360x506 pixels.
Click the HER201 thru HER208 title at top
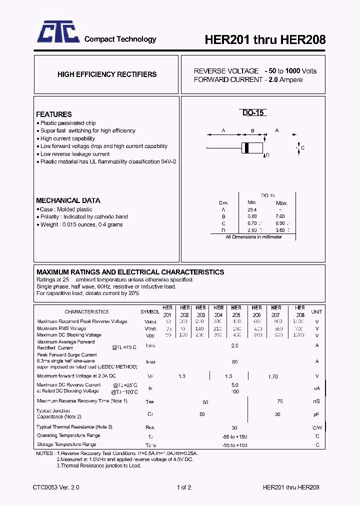point(265,40)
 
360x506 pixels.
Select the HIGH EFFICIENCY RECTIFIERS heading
point(107,74)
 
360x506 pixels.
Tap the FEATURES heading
point(54,114)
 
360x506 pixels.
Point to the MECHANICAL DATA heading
point(68,200)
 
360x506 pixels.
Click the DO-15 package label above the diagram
point(253,113)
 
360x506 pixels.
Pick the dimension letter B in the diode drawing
point(253,131)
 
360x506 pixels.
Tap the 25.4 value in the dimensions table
point(252,209)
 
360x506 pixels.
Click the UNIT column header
point(317,311)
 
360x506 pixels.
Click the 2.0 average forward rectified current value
point(234,345)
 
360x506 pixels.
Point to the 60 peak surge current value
point(234,361)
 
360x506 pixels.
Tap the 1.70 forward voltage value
point(273,376)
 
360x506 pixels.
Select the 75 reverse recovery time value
point(279,401)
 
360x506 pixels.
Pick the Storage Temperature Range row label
point(66,444)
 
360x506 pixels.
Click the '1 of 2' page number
point(184,487)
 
